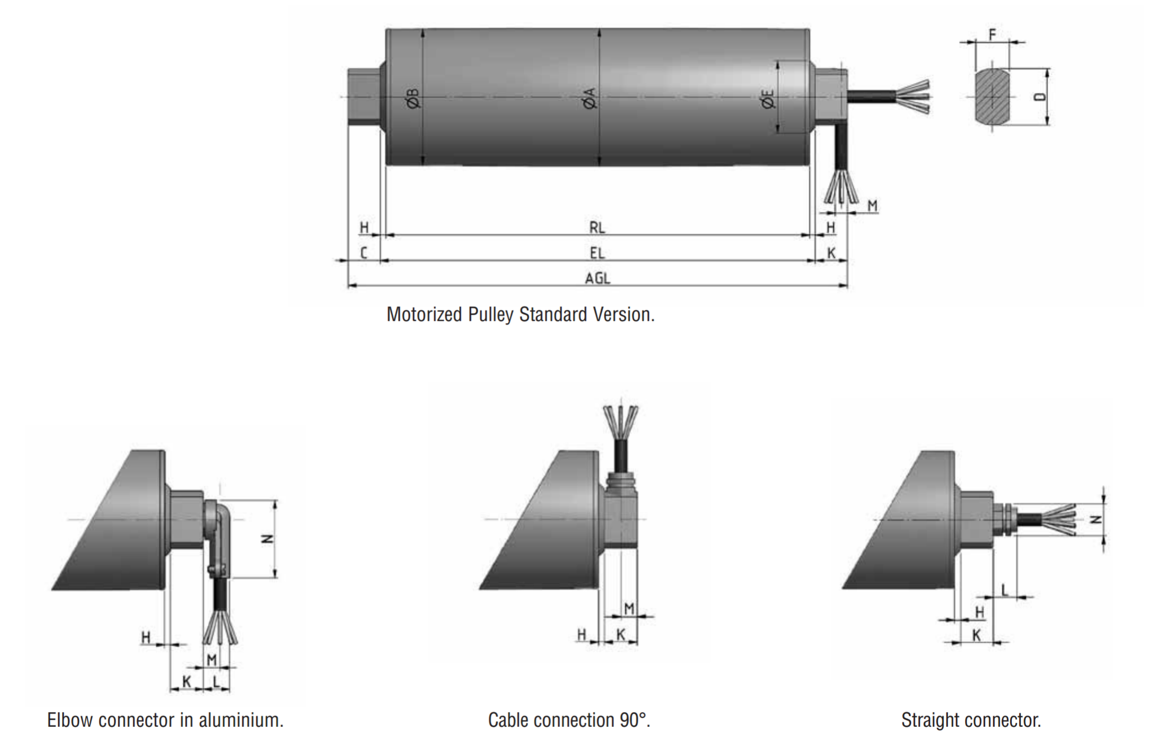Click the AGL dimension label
tap(597, 278)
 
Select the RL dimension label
tap(597, 227)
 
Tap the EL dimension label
tap(597, 253)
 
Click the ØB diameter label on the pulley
tap(413, 98)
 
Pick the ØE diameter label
tap(768, 99)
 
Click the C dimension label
tap(364, 253)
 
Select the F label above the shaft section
tap(992, 34)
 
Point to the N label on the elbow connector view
tap(267, 539)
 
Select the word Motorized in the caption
tap(424, 315)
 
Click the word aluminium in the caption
tap(241, 720)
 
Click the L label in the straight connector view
tap(1005, 590)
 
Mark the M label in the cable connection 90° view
tap(629, 609)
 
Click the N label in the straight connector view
tap(1096, 519)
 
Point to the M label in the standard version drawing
tap(872, 206)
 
